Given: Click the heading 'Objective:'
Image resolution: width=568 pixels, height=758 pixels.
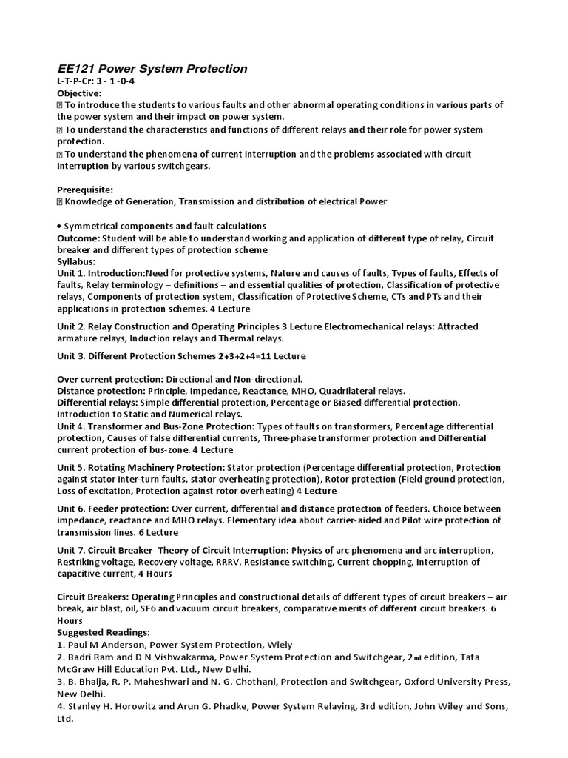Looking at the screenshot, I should click(x=80, y=93).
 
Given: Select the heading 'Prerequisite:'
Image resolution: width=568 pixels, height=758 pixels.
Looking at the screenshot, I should click(x=85, y=189).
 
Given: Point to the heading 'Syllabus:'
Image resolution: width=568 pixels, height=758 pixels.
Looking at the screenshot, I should click(x=77, y=262).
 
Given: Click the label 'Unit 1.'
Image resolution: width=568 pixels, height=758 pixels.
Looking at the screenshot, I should click(x=72, y=273).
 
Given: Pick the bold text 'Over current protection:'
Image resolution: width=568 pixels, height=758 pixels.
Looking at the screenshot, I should click(x=110, y=379).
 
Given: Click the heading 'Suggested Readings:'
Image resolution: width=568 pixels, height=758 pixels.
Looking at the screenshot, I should click(x=104, y=633).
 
